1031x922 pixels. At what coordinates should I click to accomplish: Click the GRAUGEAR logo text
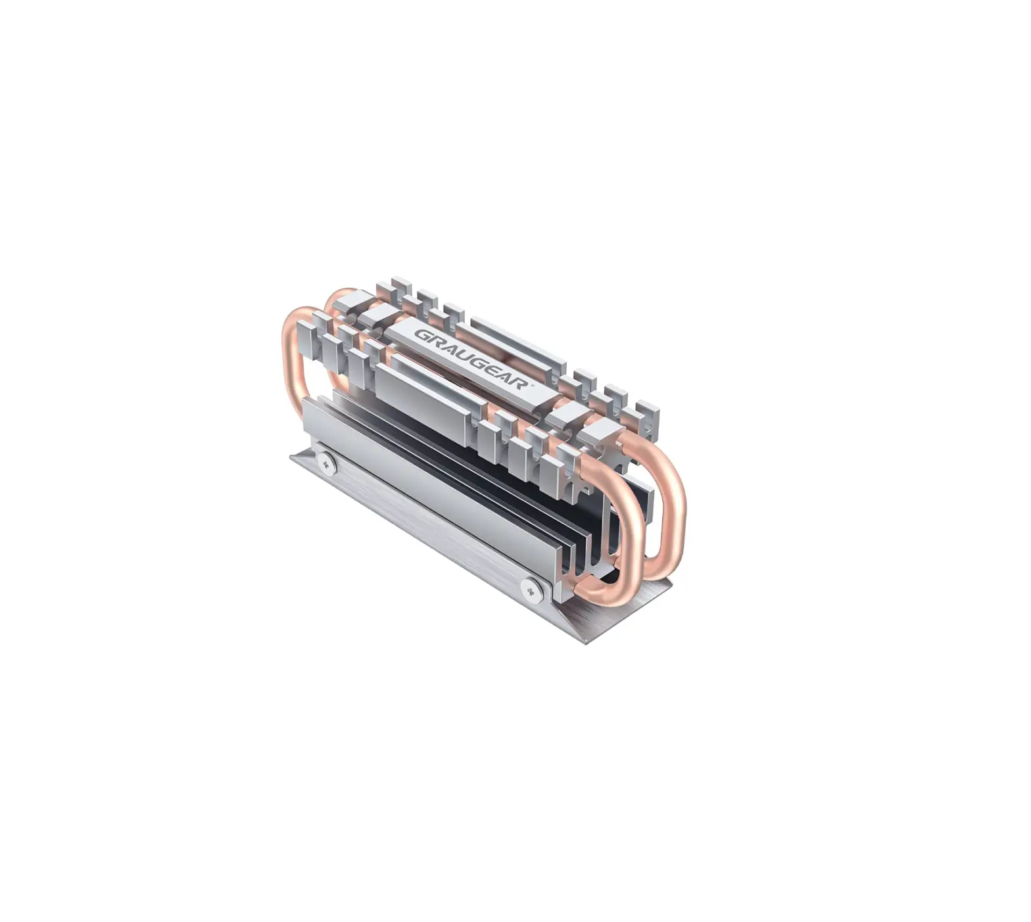(x=470, y=359)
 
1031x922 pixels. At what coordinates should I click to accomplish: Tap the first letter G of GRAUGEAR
(x=421, y=334)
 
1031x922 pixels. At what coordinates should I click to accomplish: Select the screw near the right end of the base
(x=530, y=588)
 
